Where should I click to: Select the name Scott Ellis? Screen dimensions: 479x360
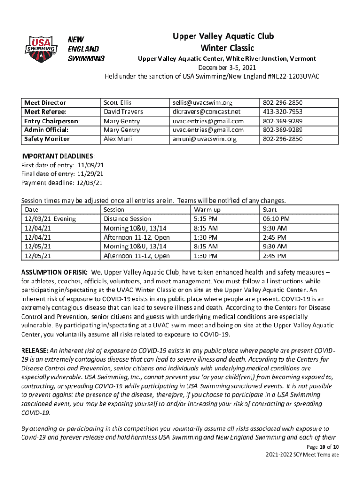[117, 102]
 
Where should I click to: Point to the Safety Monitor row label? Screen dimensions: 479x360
[47, 139]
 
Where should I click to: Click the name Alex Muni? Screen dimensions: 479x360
[116, 139]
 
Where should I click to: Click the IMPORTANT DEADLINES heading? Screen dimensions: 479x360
[58, 156]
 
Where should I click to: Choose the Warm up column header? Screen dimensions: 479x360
[207, 210]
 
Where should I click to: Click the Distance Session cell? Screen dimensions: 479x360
[127, 218]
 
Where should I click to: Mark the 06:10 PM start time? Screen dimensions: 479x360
[276, 218]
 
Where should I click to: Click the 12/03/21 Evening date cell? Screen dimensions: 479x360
[50, 218]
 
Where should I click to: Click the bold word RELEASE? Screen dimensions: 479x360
[35, 350]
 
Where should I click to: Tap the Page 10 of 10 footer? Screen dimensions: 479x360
[319, 447]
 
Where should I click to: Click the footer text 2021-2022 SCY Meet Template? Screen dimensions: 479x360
[302, 455]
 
